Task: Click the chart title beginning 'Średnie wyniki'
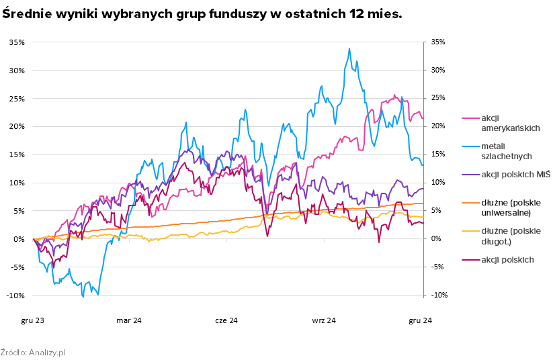pyautogui.click(x=202, y=14)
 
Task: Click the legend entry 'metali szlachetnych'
pyautogui.click(x=497, y=151)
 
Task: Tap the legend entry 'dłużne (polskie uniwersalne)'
pyautogui.click(x=501, y=208)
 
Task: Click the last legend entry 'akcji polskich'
pyautogui.click(x=497, y=259)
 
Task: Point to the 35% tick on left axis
pyautogui.click(x=17, y=42)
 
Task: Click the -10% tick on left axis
pyautogui.click(x=16, y=296)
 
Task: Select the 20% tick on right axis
pyautogui.click(x=437, y=126)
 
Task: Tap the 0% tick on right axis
pyautogui.click(x=435, y=239)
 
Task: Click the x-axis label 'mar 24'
pyautogui.click(x=129, y=320)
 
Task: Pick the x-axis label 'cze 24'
pyautogui.click(x=226, y=320)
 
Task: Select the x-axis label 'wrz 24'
pyautogui.click(x=323, y=320)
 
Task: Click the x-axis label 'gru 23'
pyautogui.click(x=32, y=320)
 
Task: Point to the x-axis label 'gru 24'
pyautogui.click(x=421, y=320)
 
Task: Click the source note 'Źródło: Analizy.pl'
pyautogui.click(x=32, y=352)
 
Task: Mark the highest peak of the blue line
pyautogui.click(x=349, y=48)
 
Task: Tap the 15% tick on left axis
pyautogui.click(x=17, y=154)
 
